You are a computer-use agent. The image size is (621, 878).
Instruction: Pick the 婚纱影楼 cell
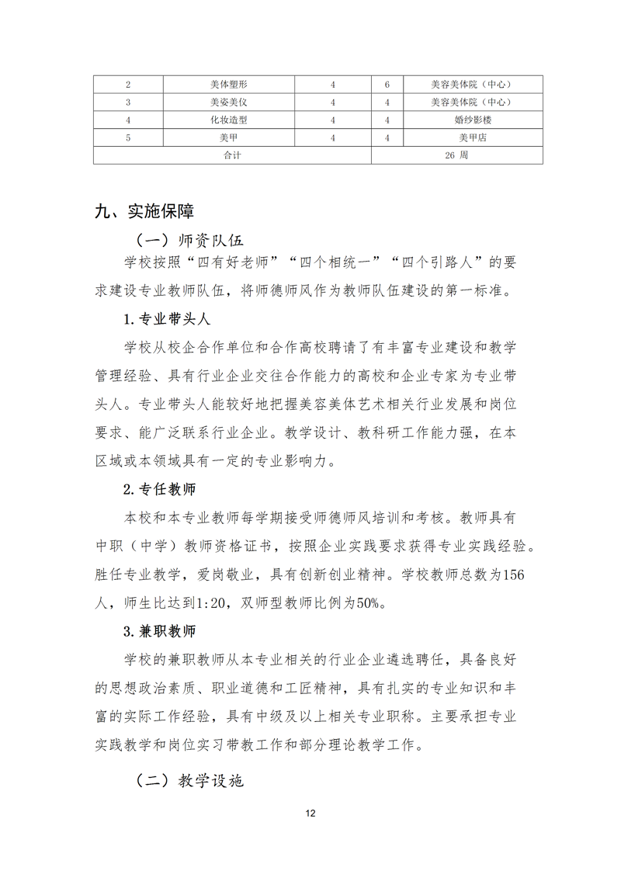click(x=473, y=120)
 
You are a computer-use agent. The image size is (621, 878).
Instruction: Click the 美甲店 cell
click(x=473, y=138)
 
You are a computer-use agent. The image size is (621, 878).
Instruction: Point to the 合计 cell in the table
click(x=232, y=155)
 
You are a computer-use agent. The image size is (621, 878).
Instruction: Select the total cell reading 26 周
click(x=456, y=155)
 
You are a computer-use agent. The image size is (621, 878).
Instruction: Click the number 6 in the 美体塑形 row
click(x=387, y=85)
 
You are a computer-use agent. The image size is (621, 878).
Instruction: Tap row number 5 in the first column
click(x=127, y=138)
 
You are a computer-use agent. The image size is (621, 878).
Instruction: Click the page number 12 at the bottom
click(x=310, y=814)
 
